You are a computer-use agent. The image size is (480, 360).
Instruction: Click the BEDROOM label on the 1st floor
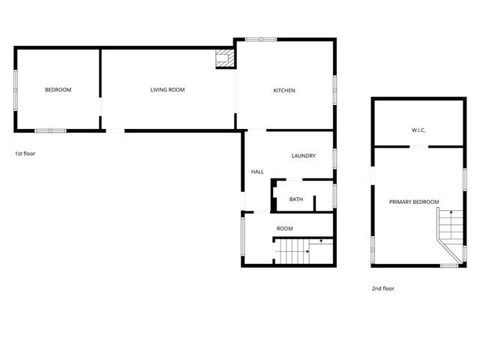point(58,90)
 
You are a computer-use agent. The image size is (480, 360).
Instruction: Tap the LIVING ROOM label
point(167,90)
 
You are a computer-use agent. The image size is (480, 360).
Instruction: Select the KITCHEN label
point(283,91)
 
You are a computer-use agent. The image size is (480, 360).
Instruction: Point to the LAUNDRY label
point(303,156)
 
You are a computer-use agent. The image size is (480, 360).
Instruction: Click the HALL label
point(257,172)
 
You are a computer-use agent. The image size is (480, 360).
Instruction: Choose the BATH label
point(296,199)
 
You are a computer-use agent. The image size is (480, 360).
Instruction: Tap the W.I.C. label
point(418,130)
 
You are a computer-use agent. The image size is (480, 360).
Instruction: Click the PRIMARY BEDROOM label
point(414,202)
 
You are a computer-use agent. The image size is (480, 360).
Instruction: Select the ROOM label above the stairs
point(284,229)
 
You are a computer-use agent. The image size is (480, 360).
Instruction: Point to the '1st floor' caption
point(25,154)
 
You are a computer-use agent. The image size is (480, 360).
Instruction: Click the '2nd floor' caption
point(382,288)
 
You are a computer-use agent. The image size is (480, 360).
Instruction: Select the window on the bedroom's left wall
point(15,90)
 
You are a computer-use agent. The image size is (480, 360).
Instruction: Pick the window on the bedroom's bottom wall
point(51,131)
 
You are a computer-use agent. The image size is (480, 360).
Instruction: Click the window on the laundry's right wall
point(334,157)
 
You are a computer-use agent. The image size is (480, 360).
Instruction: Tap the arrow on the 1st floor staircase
point(321,241)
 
